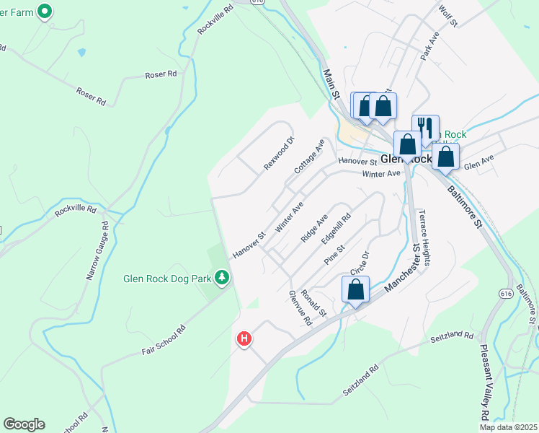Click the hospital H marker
tap(244, 337)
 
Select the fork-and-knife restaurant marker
tap(425, 128)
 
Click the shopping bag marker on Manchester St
tap(356, 290)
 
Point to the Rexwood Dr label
tap(279, 154)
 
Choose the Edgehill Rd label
tap(336, 227)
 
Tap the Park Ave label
tap(430, 46)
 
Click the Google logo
tap(24, 424)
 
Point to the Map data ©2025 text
tap(508, 427)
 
